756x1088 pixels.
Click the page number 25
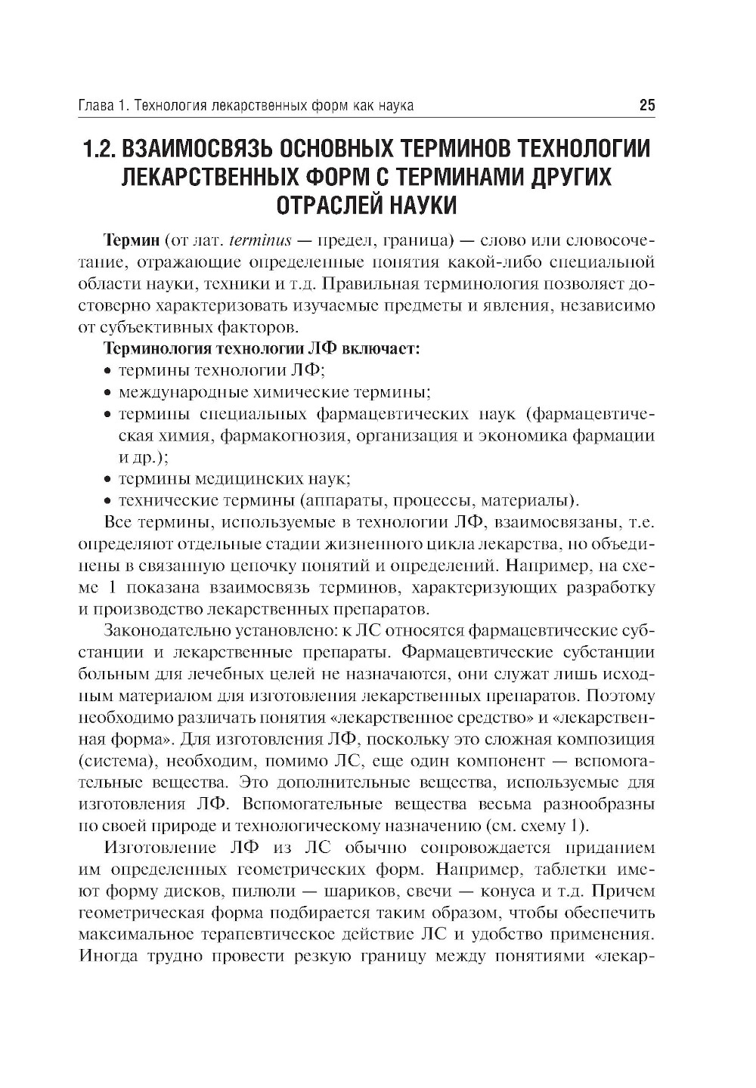[x=646, y=105]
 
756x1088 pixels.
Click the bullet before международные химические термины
[x=107, y=393]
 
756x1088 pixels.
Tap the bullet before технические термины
[x=107, y=501]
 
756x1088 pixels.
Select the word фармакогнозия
[x=302, y=436]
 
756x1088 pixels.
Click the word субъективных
[x=157, y=328]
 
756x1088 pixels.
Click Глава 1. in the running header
[x=103, y=105]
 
